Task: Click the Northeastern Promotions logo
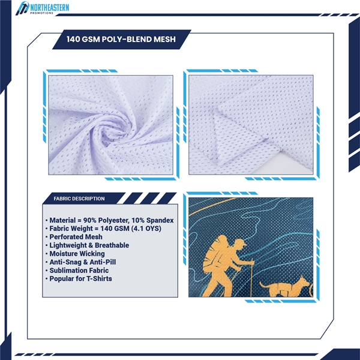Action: click(43, 8)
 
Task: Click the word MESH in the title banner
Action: click(164, 39)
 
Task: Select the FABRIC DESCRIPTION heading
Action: click(79, 199)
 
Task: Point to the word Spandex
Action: click(160, 221)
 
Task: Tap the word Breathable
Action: click(112, 245)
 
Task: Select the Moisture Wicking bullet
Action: click(75, 254)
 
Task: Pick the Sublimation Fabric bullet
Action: click(77, 271)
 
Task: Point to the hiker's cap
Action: click(241, 242)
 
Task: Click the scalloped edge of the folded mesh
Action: click(218, 138)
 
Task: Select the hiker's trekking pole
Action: click(251, 278)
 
